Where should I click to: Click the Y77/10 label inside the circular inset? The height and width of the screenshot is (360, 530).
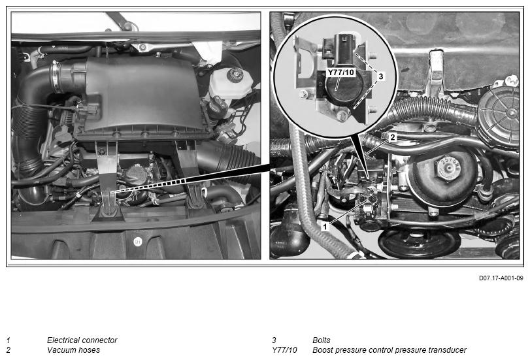[341, 73]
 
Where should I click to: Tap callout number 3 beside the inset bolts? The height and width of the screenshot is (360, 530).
[380, 76]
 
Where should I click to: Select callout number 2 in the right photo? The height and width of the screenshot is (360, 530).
[392, 137]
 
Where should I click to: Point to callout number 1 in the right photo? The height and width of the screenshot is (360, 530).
[325, 226]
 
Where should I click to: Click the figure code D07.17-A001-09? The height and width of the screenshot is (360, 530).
[501, 278]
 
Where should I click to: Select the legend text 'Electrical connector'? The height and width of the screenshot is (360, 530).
[82, 340]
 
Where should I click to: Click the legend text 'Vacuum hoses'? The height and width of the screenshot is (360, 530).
[73, 350]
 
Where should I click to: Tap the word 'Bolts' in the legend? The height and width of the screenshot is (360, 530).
[321, 340]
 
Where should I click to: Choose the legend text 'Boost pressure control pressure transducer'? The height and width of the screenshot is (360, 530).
[389, 350]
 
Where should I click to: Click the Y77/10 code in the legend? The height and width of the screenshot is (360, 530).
[284, 350]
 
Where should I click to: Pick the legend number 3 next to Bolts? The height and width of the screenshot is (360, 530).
[274, 340]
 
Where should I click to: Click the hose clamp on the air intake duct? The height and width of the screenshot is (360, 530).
[56, 77]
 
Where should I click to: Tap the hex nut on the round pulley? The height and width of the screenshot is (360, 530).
[448, 167]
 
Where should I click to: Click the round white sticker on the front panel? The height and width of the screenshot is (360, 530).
[138, 241]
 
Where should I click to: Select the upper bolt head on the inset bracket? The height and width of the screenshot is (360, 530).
[372, 55]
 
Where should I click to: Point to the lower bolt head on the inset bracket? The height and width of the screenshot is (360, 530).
[372, 109]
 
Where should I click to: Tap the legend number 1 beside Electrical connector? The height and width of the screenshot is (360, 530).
[8, 340]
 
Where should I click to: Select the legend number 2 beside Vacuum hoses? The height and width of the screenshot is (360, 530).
[8, 350]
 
